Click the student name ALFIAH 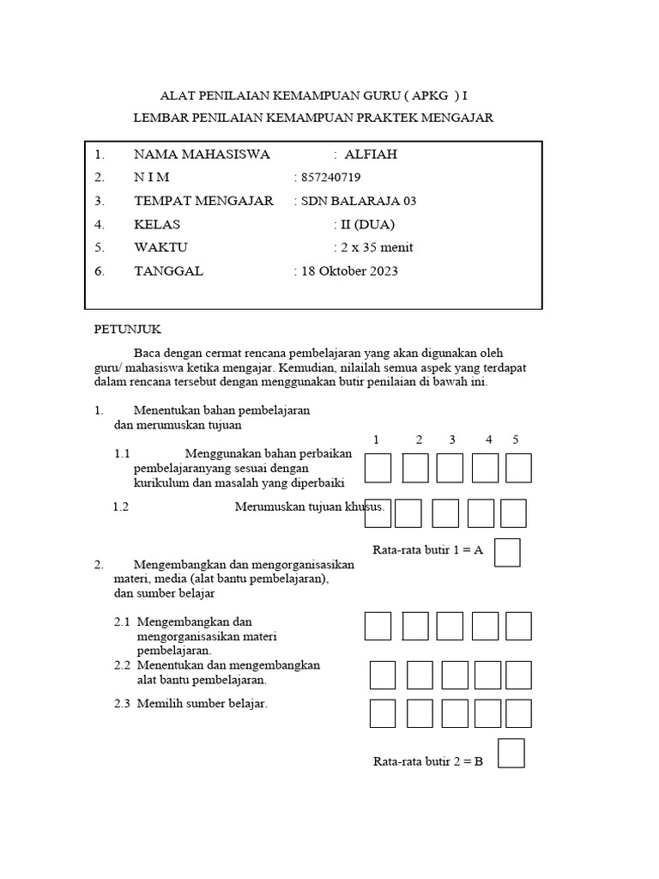(371, 155)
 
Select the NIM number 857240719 (329, 178)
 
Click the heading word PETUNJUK (127, 330)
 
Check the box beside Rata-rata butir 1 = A (508, 552)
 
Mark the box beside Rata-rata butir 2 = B (511, 754)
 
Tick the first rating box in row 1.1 (378, 469)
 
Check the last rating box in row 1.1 (518, 469)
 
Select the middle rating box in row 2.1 (450, 626)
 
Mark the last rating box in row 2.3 (518, 713)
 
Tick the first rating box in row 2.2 (383, 676)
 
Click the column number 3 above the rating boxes (451, 440)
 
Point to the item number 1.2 (121, 506)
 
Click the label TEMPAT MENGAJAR (203, 201)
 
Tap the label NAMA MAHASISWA (202, 155)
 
